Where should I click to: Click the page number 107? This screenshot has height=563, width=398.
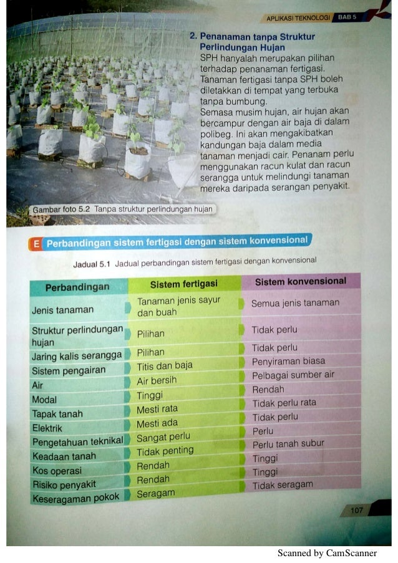(x=356, y=511)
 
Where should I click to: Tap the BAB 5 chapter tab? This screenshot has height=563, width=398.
(x=347, y=17)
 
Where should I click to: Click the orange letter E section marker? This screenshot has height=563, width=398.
(x=36, y=244)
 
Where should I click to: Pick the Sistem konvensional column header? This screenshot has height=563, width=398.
(x=301, y=281)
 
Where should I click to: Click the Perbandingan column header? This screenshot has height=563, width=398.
(x=77, y=287)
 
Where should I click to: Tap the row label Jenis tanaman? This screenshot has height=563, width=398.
(x=62, y=310)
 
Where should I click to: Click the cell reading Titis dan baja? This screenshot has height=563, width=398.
(x=165, y=365)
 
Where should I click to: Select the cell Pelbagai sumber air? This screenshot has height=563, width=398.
(x=293, y=375)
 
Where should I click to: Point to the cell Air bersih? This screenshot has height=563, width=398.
(x=157, y=380)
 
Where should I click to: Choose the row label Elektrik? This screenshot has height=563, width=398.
(x=47, y=428)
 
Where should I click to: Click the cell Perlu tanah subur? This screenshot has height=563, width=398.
(x=288, y=444)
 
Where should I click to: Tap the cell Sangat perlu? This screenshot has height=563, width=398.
(x=163, y=438)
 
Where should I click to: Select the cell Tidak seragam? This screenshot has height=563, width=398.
(x=283, y=484)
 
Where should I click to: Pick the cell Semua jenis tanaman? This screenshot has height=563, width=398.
(x=295, y=303)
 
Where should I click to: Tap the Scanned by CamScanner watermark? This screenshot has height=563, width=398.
(x=327, y=553)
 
